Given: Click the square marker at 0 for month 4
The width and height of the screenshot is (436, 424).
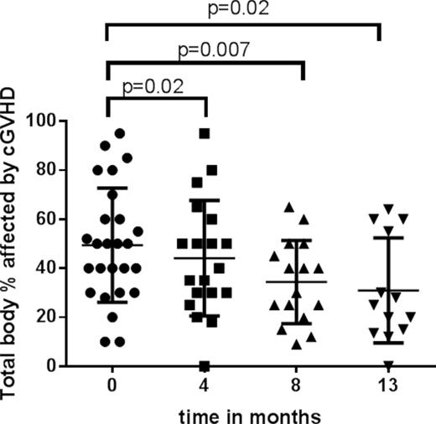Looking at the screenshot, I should (204, 366).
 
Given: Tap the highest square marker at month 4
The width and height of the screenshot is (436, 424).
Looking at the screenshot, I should (204, 133).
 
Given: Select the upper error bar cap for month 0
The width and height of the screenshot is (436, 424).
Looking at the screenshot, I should (106, 188).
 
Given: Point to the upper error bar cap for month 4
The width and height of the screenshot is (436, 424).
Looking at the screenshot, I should (204, 200).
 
